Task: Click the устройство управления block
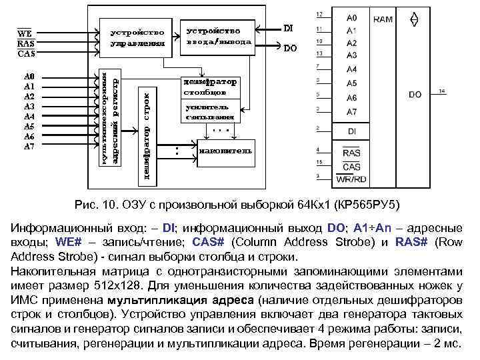(x=137, y=38)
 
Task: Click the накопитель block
(x=225, y=150)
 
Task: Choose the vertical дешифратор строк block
(x=145, y=131)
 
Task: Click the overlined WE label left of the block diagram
(x=25, y=32)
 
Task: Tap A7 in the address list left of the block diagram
(x=29, y=146)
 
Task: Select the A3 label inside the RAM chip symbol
(x=352, y=55)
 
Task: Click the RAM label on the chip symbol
(x=383, y=20)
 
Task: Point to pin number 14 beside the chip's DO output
(x=441, y=91)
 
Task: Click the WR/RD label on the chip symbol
(x=351, y=179)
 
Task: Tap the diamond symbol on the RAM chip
(x=413, y=19)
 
